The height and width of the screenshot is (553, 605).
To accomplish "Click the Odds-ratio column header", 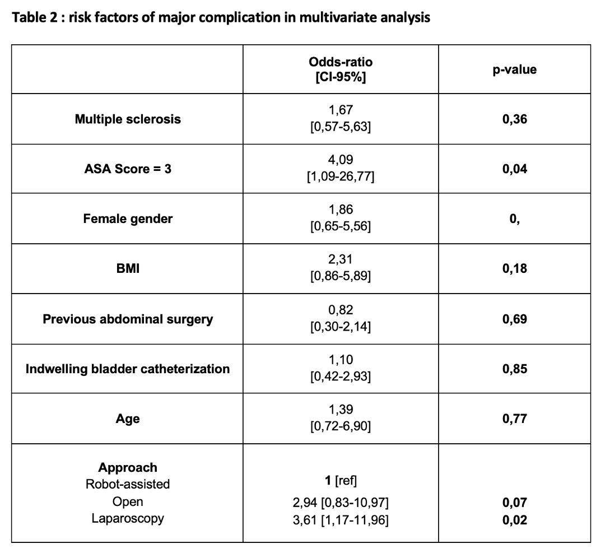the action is tap(341, 69).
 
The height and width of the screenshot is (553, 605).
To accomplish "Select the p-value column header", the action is tap(514, 70).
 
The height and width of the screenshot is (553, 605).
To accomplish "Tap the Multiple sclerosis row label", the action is tap(128, 119).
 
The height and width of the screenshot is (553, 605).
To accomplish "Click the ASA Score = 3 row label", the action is tap(128, 169).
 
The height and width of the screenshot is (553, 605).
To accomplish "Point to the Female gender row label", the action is tap(128, 219).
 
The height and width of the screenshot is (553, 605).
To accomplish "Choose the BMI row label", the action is tap(128, 268).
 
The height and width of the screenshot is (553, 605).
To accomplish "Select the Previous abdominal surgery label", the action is tap(128, 319).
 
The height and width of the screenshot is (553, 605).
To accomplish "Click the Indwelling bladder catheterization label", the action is tap(128, 369).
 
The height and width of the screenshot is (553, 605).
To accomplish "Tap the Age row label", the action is tap(128, 419).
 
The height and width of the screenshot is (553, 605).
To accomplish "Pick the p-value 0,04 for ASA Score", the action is tap(514, 169).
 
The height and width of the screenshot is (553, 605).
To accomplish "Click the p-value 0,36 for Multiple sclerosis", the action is tap(514, 119).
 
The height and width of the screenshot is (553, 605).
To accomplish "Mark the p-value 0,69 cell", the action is tap(514, 319).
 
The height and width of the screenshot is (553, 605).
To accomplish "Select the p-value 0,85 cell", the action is tap(514, 369).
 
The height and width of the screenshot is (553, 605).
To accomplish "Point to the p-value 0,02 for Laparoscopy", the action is tap(514, 520).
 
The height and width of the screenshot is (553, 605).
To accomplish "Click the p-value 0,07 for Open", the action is tap(514, 503).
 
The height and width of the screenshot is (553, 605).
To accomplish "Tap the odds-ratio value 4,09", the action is tap(341, 160).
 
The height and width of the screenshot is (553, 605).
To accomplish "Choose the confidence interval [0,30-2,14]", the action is tap(341, 327).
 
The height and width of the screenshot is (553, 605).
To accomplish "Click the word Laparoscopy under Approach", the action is tap(128, 518).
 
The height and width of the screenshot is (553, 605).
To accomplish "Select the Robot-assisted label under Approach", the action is tap(128, 484).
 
